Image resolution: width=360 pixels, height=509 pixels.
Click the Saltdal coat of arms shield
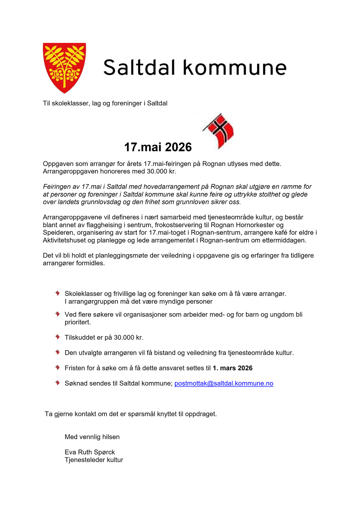[64, 68]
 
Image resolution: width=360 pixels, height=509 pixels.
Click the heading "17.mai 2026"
[158, 147]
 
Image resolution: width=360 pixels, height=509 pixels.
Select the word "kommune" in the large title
[235, 68]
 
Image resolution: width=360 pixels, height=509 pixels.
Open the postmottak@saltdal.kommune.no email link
[224, 383]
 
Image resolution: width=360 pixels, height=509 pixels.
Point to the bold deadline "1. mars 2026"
[232, 368]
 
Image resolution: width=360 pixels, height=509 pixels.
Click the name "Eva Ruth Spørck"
[90, 452]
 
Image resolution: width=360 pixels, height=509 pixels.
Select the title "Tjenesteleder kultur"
[94, 460]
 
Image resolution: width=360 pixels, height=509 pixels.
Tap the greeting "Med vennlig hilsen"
[92, 437]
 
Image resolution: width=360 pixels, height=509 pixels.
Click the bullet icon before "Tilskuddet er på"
[58, 337]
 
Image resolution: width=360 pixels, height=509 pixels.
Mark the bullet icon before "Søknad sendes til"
[58, 383]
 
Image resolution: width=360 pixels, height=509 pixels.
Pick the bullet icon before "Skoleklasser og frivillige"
[58, 293]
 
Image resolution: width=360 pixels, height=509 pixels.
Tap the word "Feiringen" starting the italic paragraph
[57, 187]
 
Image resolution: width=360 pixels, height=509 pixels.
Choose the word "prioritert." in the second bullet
[78, 322]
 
